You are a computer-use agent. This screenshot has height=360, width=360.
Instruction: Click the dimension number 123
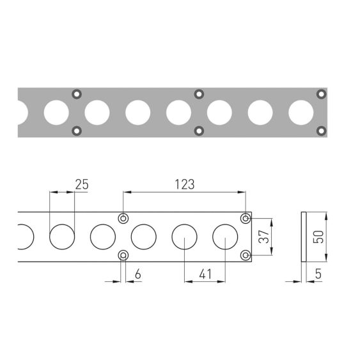tap(185, 184)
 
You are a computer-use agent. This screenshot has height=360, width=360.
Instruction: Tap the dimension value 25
tap(82, 184)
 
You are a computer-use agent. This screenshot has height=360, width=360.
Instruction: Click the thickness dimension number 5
tap(318, 274)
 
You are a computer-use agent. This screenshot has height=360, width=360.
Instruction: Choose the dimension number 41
tap(204, 274)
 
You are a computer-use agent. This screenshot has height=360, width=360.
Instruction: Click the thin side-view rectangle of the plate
tap(303, 237)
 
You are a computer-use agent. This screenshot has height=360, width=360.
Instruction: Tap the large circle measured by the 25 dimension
tap(63, 237)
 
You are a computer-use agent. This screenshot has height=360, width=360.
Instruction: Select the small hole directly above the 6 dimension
tap(123, 256)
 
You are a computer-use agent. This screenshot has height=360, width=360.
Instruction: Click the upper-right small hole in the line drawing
tap(245, 219)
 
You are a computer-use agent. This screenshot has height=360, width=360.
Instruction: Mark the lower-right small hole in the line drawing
tap(245, 256)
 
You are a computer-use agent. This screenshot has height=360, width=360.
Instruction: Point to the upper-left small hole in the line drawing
tap(123, 219)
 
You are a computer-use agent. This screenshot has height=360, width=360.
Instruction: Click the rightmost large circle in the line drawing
tap(225, 237)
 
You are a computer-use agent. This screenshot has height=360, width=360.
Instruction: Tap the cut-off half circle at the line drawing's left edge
tap(25, 237)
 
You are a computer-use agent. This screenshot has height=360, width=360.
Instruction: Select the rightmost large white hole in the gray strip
tap(301, 113)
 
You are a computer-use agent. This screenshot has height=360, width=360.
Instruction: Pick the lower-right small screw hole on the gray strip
tap(321, 131)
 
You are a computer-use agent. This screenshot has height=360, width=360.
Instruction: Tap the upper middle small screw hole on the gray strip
tap(199, 94)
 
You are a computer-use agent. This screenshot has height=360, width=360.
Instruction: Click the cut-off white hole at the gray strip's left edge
tap(22, 113)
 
